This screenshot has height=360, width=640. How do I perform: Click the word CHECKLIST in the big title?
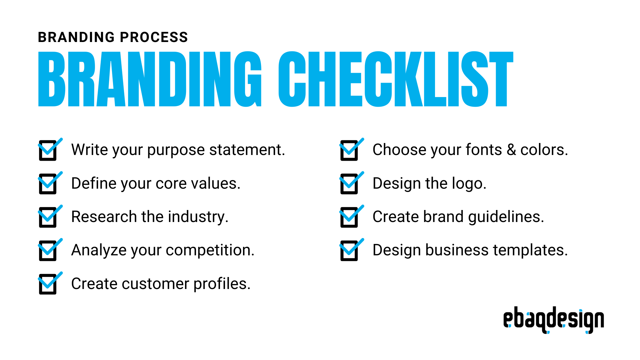click(x=396, y=79)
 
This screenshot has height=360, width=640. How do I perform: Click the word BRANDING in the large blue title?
click(x=150, y=79)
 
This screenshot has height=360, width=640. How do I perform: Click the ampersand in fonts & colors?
click(x=511, y=150)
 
